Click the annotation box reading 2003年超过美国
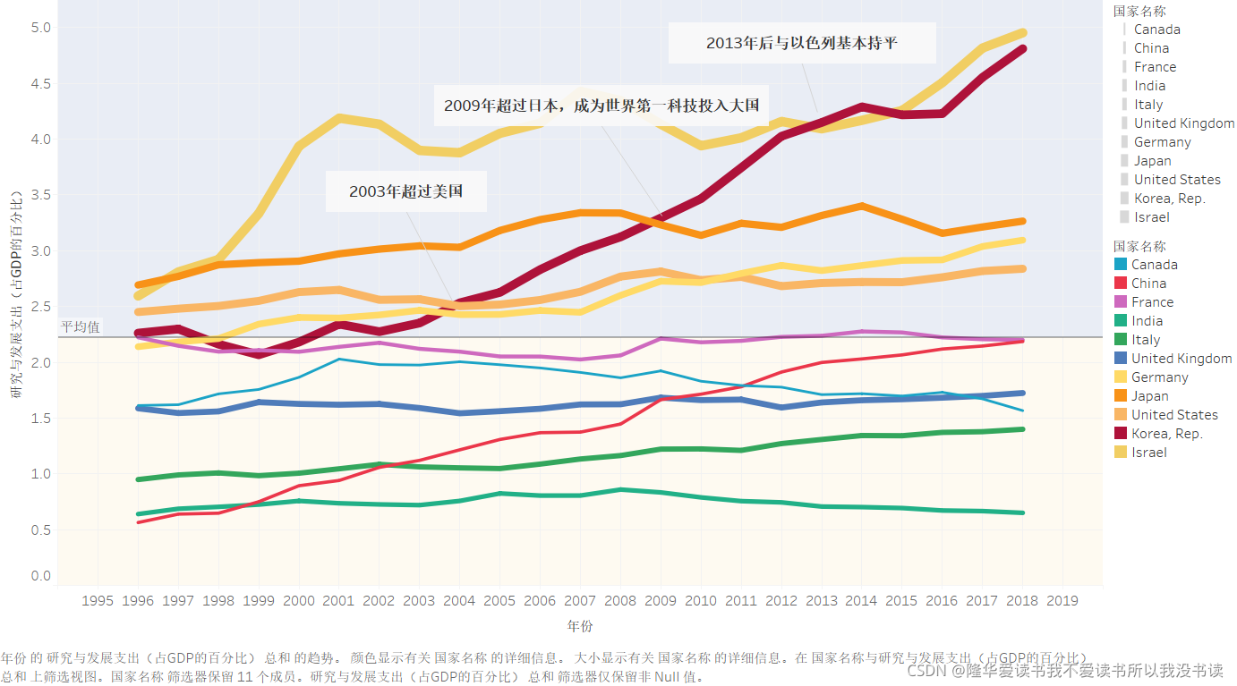(405, 191)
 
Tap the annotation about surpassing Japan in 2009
(601, 106)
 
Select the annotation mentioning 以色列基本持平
(801, 43)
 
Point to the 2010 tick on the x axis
(701, 600)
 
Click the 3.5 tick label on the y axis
(41, 195)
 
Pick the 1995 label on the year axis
(98, 600)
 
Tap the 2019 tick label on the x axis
(1062, 600)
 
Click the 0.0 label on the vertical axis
(41, 576)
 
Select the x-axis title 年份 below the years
(580, 626)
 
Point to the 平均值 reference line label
(81, 327)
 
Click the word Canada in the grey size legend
(1156, 30)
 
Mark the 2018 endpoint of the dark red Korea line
(1022, 49)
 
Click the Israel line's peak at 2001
(339, 118)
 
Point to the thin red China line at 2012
(781, 372)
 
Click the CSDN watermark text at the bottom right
(1064, 671)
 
